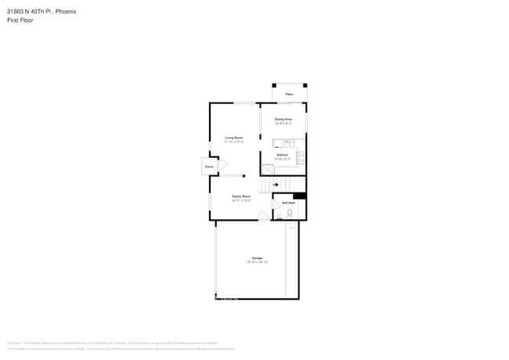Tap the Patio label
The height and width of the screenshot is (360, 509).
point(289,94)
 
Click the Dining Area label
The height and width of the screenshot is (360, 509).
point(283,119)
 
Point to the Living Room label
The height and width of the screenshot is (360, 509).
point(233,138)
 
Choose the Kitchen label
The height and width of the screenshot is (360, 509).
point(282,155)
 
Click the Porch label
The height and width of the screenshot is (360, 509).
point(209,167)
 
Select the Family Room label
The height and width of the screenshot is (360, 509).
point(240,196)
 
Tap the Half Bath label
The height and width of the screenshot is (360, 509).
point(288,203)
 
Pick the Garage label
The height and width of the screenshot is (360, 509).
point(257,258)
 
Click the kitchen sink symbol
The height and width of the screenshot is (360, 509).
point(289,143)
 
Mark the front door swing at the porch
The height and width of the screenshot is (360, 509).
point(222,166)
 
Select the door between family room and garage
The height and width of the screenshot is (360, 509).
point(264,215)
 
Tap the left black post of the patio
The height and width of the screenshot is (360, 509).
point(273,85)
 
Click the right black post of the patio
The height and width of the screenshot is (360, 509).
point(305,85)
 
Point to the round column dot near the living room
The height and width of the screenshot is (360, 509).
point(244,176)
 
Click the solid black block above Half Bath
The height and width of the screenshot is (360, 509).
point(299,196)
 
